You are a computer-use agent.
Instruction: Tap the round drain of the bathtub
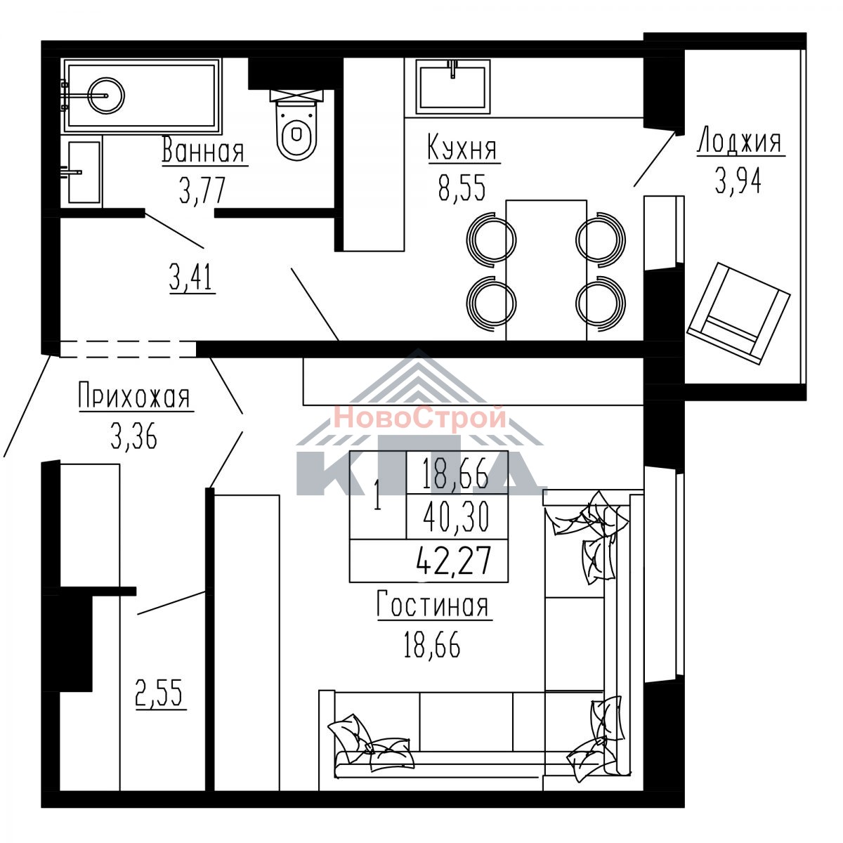point(106,96)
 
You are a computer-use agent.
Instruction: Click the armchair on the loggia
point(738,313)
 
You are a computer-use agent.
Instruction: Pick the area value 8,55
point(463,187)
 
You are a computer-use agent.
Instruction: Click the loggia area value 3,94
point(738,181)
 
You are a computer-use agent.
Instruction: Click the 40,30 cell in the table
point(457,516)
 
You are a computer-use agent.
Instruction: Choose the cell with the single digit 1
point(377,495)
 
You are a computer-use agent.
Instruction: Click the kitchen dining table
point(546,270)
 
